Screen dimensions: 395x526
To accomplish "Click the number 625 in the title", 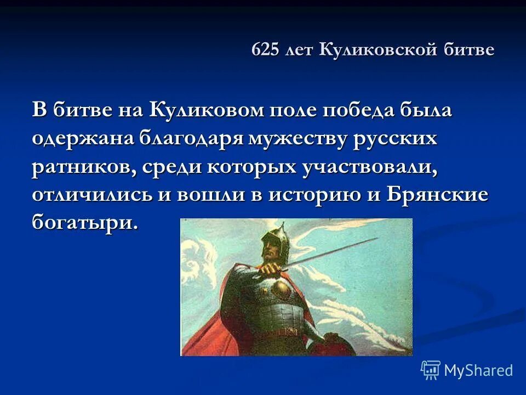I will coord(266,50).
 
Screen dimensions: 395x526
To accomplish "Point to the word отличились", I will coord(92,196).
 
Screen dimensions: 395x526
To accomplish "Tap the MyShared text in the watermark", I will coord(478,370).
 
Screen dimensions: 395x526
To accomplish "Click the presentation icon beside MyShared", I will coord(431,370).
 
